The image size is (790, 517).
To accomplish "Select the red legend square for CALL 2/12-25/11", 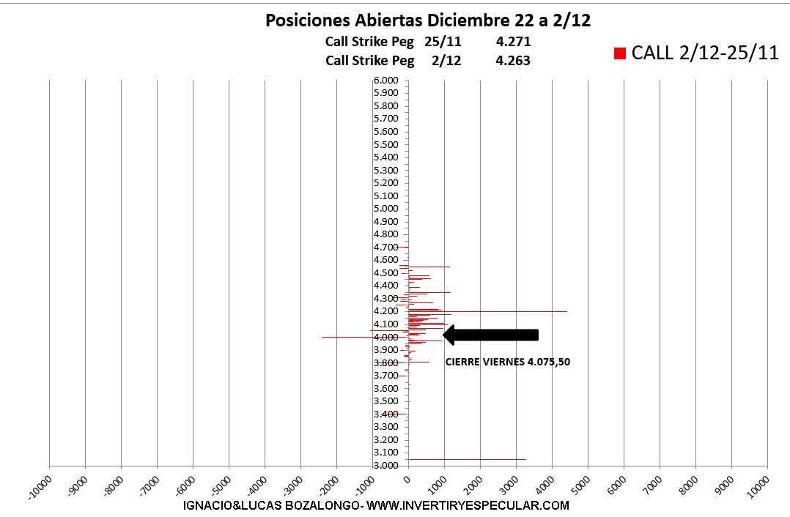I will pos(620,53).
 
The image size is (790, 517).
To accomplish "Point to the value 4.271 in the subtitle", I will pos(513,42).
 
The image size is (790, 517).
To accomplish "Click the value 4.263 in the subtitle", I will pos(513,61).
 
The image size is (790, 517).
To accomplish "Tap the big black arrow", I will pos(491,335).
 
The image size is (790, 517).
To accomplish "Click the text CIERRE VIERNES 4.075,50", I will pos(508,362).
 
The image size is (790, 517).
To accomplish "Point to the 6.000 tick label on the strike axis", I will pos(385,80).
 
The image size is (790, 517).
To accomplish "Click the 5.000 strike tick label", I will pos(385,209).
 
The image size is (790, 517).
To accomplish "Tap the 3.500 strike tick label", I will pos(385,401).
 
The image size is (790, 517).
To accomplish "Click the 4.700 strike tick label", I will pos(385,247).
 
